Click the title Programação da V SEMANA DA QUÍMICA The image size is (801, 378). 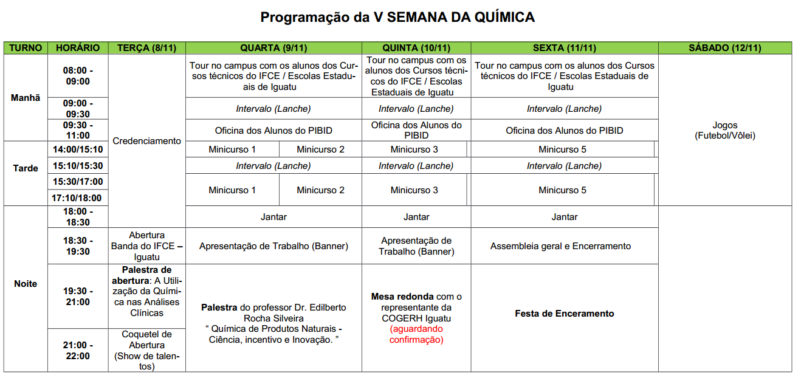tap(397, 17)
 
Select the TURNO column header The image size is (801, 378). tap(26, 48)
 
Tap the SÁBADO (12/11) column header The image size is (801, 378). tap(724, 48)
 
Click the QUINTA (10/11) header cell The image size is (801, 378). tap(416, 48)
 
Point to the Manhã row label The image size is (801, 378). tap(26, 97)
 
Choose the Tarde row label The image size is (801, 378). tap(26, 168)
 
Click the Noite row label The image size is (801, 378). tap(26, 284)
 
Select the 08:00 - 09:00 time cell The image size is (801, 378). tap(78, 76)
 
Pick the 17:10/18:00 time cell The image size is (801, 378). tap(78, 198)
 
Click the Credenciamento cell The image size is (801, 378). tap(147, 141)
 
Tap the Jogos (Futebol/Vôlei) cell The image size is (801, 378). tap(724, 131)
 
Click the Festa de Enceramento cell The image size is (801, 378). tap(564, 314)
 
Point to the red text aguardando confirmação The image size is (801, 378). tap(416, 334)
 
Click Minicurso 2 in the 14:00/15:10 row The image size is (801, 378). tap(320, 149)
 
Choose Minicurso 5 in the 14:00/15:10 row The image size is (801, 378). tap(562, 149)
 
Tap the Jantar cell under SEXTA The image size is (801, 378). tap(564, 217)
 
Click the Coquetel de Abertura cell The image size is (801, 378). tap(147, 351)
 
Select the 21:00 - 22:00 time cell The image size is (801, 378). tap(78, 351)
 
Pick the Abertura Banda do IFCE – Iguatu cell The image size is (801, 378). tap(147, 246)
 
